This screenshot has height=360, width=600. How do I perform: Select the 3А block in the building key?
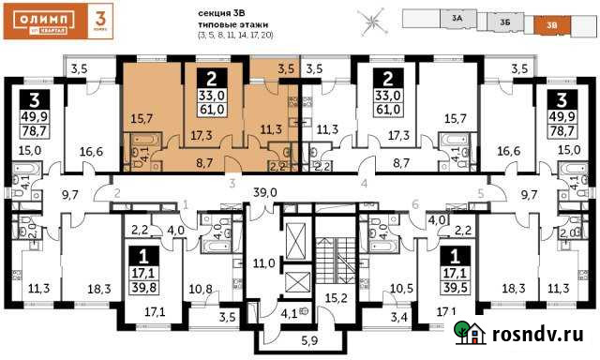tap(457, 16)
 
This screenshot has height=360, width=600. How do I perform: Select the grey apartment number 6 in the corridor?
tap(414, 204)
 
